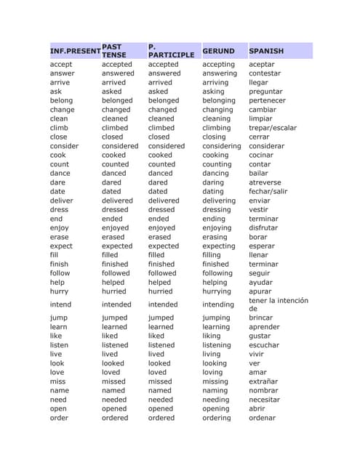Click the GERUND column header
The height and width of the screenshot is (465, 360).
[218, 52]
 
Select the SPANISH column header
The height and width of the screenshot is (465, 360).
[266, 52]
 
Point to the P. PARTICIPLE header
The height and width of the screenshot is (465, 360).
[171, 51]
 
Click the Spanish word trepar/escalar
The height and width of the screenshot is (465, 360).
[273, 128]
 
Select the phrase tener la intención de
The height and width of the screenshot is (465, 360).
[278, 304]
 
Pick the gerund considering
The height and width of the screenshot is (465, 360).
[222, 146]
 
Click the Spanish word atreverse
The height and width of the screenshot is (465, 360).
[265, 182]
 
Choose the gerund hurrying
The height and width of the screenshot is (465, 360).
[219, 291]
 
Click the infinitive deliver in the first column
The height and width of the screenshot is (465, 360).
[62, 201]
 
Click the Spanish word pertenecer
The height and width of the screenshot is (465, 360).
[267, 100]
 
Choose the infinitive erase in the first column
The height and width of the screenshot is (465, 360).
[60, 237]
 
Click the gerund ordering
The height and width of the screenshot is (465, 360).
[217, 418]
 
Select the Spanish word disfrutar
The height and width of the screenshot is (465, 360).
[263, 228]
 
